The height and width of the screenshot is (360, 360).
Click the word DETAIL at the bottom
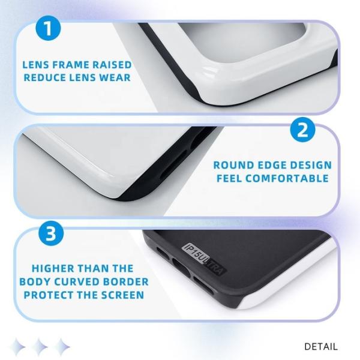[321, 346]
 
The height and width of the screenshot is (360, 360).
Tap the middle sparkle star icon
[41, 346]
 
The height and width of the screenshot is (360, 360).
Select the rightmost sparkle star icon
[62, 346]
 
